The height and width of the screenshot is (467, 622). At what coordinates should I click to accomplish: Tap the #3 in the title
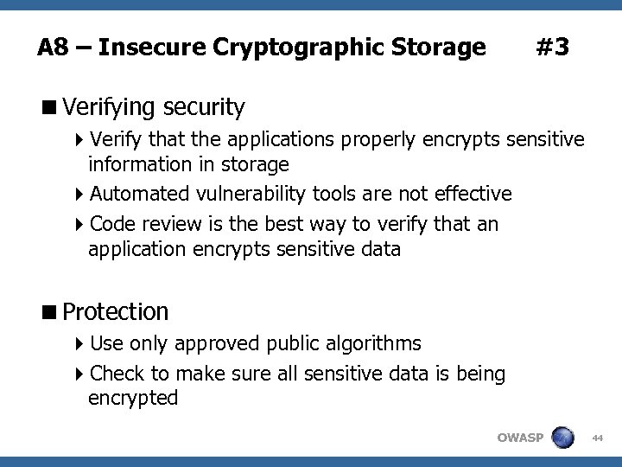[x=552, y=47]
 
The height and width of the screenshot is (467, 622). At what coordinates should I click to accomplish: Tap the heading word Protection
[x=116, y=310]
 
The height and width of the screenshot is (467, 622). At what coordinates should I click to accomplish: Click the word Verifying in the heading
[x=108, y=108]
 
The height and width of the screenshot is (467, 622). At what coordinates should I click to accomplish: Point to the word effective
[x=472, y=193]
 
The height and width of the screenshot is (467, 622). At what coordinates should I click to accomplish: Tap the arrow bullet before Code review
[x=80, y=225]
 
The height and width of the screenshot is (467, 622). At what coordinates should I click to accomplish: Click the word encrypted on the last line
[x=133, y=398]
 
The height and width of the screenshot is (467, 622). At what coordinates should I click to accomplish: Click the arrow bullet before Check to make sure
[x=80, y=374]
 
